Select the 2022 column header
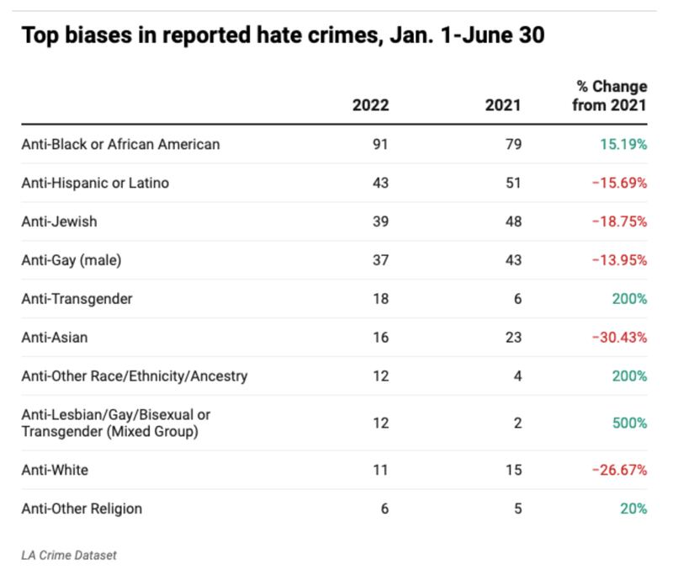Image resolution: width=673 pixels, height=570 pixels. coord(371,106)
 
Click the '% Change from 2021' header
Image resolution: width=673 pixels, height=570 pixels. coord(610,96)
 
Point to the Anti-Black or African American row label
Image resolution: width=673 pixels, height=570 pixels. coord(120,144)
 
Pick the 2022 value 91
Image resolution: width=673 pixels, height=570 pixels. coord(381,144)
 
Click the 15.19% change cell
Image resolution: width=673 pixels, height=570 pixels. coord(623,144)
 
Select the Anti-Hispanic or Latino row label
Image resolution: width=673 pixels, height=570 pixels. coord(95,183)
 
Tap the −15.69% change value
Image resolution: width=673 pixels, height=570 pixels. coord(619,183)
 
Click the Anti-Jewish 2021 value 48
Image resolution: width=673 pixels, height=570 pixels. coord(513,221)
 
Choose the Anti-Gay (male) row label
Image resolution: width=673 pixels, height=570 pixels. coord(72,260)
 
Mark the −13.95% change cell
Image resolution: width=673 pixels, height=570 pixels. coord(619,260)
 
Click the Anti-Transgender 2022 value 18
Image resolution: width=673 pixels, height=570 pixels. coord(381,299)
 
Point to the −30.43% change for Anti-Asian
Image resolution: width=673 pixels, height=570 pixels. coord(619,338)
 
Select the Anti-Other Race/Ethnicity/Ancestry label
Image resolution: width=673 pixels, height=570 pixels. coord(135,376)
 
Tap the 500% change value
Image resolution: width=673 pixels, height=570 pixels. coord(630,423)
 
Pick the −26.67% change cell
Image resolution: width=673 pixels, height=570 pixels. coord(619,470)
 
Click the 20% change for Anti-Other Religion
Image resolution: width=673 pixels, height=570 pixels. coord(634,509)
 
